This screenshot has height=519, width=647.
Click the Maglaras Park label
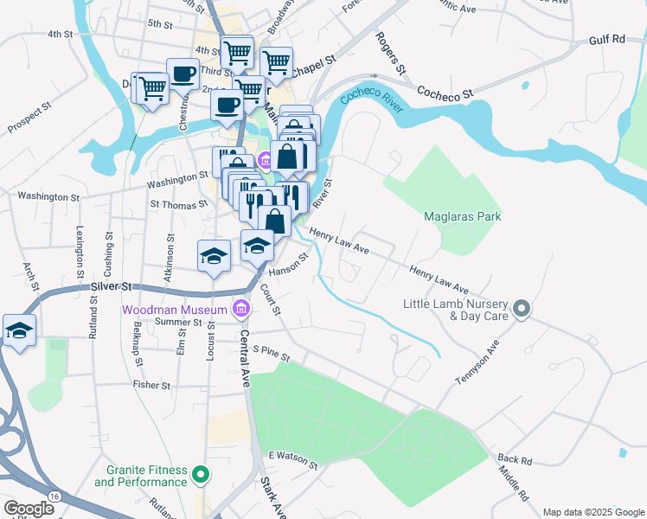pos(463,216)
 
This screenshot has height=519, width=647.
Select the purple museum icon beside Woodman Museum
pos(241,309)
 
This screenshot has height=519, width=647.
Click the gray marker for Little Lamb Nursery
pos(522,309)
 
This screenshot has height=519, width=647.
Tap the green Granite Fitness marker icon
pos(201,474)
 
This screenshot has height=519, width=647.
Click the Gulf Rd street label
pos(606,40)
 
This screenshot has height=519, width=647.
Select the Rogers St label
pos(390,52)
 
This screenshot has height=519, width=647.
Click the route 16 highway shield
pos(54,495)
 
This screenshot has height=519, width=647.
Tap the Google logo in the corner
pos(29,509)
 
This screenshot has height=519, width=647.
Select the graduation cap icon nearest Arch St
pos(18,330)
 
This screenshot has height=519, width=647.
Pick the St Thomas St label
pos(178,205)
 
